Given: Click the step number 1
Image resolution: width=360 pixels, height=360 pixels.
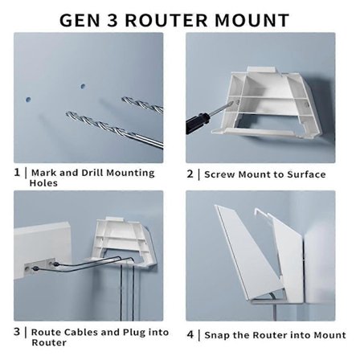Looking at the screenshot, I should [x=17, y=172].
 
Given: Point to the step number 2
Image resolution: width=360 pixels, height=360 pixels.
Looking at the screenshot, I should [x=190, y=174].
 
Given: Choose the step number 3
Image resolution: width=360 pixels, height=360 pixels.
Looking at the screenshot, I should [x=17, y=331].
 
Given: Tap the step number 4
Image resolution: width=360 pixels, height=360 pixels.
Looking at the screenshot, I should [x=190, y=335].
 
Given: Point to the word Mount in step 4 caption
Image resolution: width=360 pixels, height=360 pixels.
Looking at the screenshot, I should [x=330, y=335].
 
